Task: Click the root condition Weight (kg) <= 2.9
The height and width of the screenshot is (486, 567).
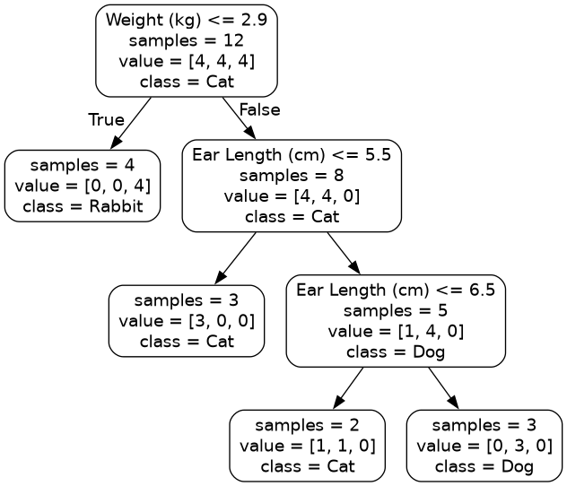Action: coord(186,20)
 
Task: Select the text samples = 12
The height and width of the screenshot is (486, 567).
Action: coord(186,40)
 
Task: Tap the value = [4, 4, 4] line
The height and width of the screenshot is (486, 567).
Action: coord(186,61)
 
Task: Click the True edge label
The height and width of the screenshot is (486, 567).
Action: coord(106,120)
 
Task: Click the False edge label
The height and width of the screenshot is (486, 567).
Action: coord(259,109)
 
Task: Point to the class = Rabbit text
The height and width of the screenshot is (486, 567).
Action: coord(83,206)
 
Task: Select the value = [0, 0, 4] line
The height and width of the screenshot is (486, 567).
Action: coord(83,186)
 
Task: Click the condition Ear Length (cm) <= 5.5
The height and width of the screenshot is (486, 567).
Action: coord(292,154)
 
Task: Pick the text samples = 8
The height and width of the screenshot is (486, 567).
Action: coord(292,175)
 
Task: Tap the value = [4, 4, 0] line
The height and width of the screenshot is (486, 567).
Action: coord(292,195)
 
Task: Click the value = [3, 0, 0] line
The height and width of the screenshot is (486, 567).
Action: coord(187,320)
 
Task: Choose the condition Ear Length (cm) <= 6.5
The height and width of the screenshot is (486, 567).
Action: coord(396,290)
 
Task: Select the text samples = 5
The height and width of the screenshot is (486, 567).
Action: coord(396,310)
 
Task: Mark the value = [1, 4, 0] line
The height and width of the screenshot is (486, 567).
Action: coord(396,331)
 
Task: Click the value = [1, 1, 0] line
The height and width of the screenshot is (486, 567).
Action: coord(308,446)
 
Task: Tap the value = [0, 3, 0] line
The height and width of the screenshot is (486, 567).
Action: coord(484,446)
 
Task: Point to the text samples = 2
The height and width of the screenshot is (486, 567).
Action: coord(308,425)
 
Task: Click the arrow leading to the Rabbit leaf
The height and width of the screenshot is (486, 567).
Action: coord(131,122)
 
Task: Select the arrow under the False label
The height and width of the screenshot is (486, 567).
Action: coord(239,117)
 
